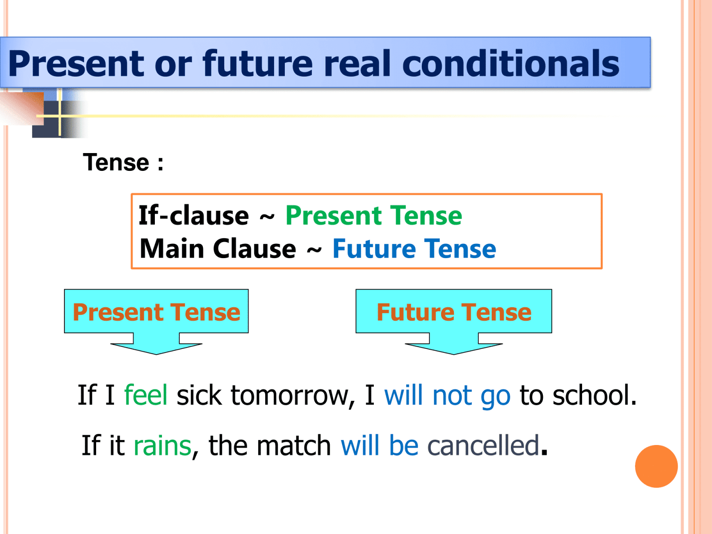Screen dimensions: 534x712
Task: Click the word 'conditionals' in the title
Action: click(x=510, y=63)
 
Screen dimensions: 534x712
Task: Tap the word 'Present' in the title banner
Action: click(x=76, y=63)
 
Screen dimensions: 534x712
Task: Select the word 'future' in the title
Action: click(x=258, y=63)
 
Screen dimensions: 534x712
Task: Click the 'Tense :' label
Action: click(x=123, y=162)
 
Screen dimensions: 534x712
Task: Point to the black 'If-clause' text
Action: click(x=194, y=216)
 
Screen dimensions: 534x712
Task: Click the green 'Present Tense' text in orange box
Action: click(x=374, y=216)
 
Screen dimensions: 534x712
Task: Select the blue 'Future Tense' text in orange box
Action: click(x=414, y=248)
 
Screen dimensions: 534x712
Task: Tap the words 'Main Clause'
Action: click(x=218, y=248)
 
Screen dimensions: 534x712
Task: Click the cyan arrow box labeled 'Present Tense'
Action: click(x=156, y=312)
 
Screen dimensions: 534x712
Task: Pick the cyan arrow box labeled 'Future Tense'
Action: click(x=453, y=312)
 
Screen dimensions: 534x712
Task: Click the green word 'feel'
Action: click(x=146, y=395)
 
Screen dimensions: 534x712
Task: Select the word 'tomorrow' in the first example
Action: click(x=292, y=395)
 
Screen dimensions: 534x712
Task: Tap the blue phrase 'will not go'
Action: click(x=447, y=395)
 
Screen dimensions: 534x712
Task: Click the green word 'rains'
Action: click(x=162, y=445)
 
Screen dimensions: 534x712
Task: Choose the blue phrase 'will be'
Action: click(x=380, y=445)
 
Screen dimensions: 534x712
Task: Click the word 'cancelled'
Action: click(x=483, y=445)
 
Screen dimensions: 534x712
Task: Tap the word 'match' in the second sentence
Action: click(x=294, y=445)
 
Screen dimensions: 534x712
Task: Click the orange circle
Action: click(x=656, y=466)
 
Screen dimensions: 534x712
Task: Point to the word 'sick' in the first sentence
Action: click(x=199, y=395)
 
